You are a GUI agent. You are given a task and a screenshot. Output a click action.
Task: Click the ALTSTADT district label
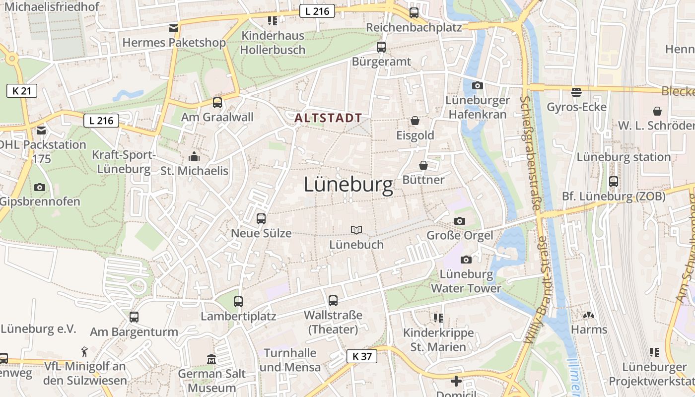coord(328,118)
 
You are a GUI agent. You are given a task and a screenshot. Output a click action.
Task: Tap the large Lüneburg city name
coord(348,185)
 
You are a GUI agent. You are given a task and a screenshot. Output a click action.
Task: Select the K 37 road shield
coord(361,356)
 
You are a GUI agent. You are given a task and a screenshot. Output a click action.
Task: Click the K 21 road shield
coord(22,90)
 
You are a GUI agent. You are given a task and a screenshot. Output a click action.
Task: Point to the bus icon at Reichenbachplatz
coord(414,13)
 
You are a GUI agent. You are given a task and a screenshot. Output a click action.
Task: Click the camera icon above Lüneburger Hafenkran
coord(477,85)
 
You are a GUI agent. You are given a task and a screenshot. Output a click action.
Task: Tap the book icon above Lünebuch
coord(356,230)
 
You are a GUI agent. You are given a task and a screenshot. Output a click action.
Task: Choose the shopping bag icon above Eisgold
coord(415,121)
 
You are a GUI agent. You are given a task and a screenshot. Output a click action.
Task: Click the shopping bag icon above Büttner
coord(423,165)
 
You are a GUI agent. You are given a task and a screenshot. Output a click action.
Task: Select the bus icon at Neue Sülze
coord(261,218)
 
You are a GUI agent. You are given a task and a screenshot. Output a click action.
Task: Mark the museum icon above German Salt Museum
coord(211,358)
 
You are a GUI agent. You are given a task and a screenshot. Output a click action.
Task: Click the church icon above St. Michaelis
coord(194,157)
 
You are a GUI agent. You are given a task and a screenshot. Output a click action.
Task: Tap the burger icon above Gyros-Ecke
coord(576,92)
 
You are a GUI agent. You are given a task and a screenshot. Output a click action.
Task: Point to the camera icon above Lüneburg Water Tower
coord(466,260)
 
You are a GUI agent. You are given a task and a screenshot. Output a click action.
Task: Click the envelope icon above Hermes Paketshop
coord(173,28)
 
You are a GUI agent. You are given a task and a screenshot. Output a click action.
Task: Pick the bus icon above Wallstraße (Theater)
coord(333,300)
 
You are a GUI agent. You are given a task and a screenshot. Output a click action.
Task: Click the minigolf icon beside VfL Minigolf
coord(85,352)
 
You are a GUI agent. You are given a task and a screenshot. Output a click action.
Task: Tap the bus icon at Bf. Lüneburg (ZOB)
coord(614,181)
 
